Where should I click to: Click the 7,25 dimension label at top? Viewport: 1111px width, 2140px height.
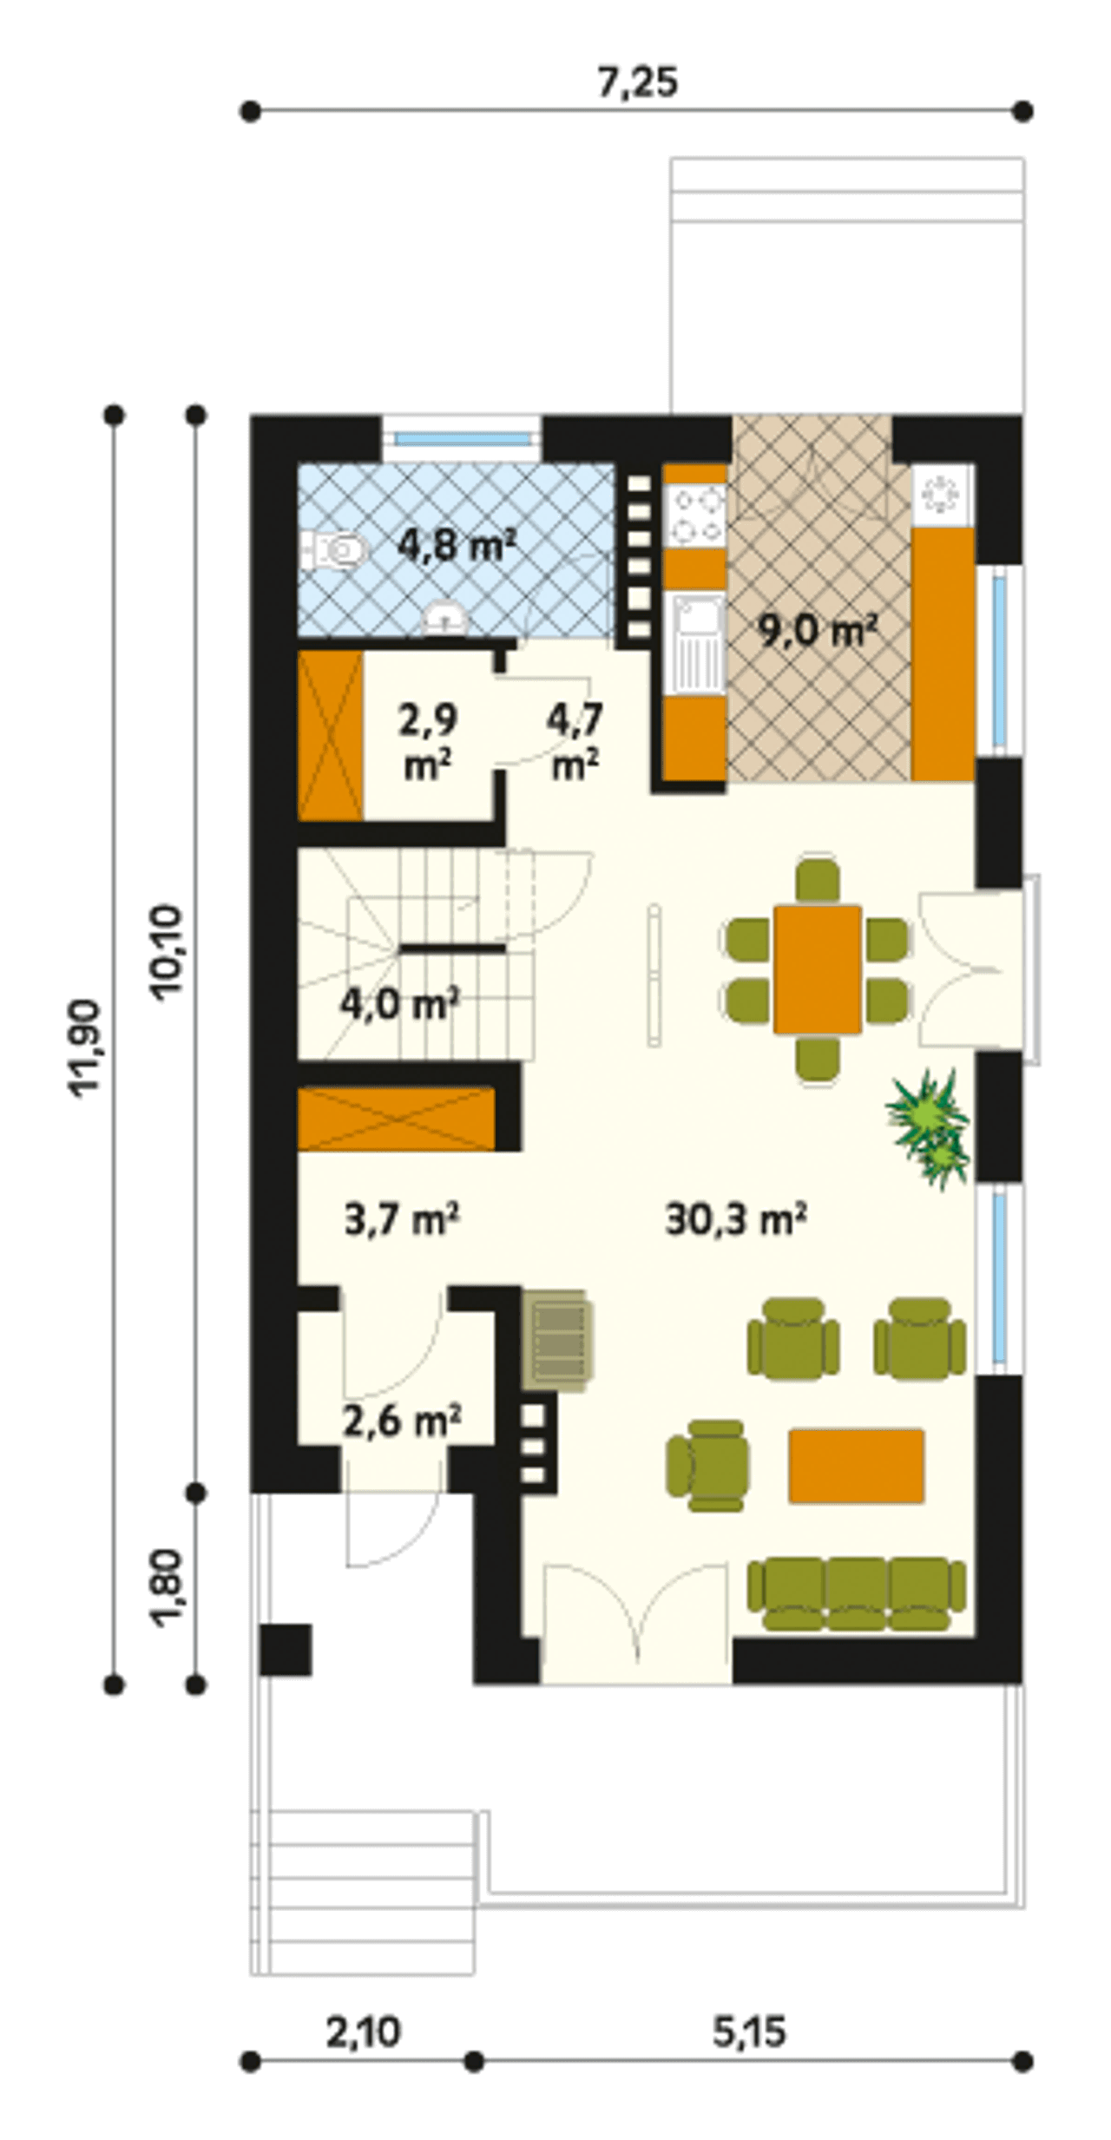pos(638,82)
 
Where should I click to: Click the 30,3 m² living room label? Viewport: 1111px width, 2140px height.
pos(737,1220)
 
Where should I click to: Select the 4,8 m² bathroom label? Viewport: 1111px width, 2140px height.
pos(457,547)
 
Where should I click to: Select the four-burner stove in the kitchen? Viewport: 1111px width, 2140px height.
pos(695,514)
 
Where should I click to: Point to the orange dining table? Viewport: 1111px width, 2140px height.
pos(817,969)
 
